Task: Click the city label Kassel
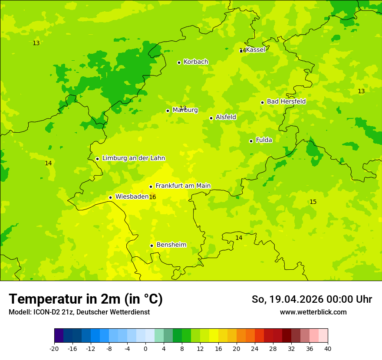coord(255,50)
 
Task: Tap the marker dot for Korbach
coord(179,62)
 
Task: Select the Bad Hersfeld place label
coord(286,101)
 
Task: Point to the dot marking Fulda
coord(251,141)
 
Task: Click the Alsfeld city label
coord(226,117)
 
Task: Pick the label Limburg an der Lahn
coord(134,158)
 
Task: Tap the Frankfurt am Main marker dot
coord(151,187)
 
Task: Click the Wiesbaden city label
coord(132,196)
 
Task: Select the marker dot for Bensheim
coord(151,245)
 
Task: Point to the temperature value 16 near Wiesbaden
coord(152,197)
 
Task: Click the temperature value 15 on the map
coord(313,202)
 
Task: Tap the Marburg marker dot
coord(168,111)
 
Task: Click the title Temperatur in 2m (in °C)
coord(86,299)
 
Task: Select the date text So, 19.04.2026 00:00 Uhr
coord(312,299)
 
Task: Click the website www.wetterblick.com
coord(313,312)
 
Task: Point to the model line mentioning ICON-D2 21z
coord(79,312)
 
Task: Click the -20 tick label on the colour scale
coord(54,349)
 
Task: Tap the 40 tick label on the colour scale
coord(328,349)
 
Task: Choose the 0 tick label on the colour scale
coord(145,349)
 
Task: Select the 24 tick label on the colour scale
coord(255,349)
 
